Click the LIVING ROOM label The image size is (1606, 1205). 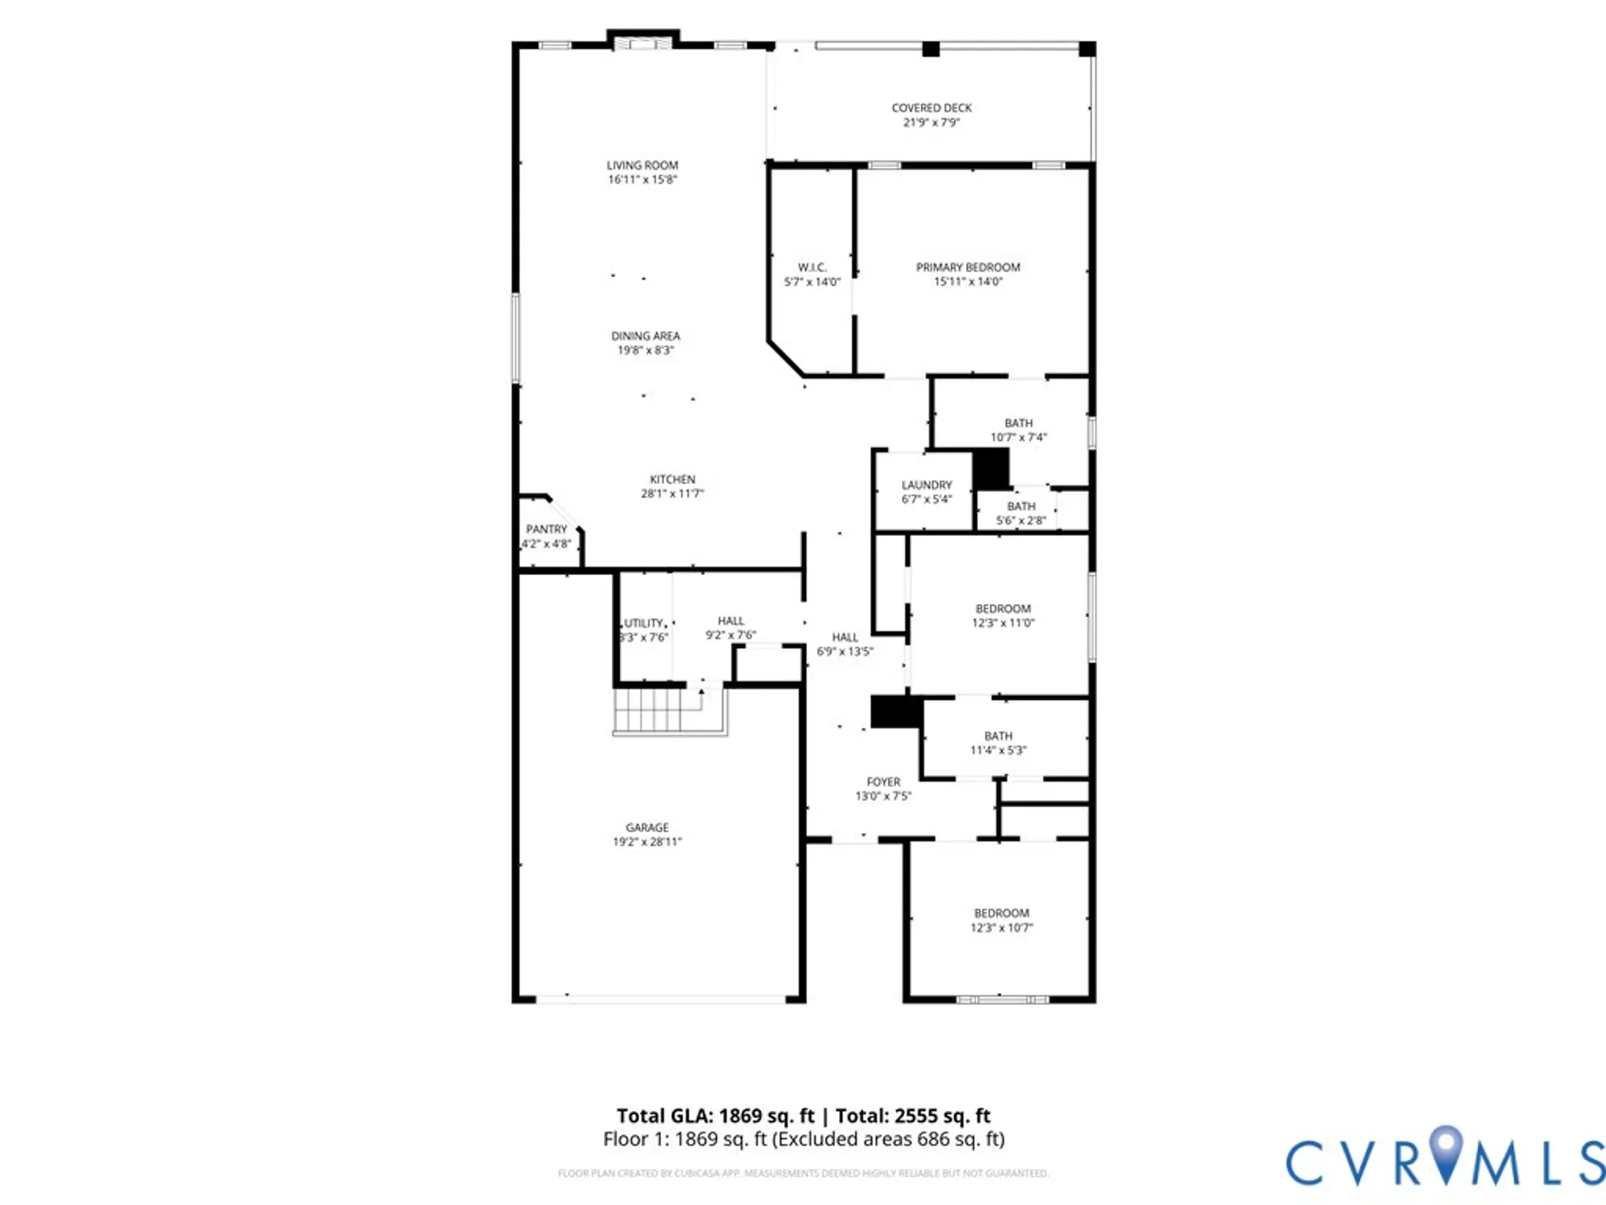(x=642, y=165)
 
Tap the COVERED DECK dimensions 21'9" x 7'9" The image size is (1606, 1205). (x=931, y=123)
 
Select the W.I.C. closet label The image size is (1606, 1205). (x=812, y=267)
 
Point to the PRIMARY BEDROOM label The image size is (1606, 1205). (x=968, y=267)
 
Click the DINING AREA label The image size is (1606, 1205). (x=645, y=336)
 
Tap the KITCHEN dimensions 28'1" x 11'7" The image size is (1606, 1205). (x=671, y=494)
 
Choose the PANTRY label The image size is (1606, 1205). (x=546, y=529)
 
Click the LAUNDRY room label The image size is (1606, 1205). (x=926, y=485)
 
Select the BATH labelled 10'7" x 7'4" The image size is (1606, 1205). (x=1018, y=423)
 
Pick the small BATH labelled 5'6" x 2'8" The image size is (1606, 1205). (x=1021, y=507)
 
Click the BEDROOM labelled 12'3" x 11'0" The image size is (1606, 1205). (x=1003, y=609)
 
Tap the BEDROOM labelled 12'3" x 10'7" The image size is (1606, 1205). (x=1001, y=913)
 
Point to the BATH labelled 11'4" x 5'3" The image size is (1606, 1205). (x=998, y=736)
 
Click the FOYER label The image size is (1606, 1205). (x=883, y=782)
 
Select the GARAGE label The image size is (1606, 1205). (x=646, y=827)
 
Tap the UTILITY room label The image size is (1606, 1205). (x=644, y=623)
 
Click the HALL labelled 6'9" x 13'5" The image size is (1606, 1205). (x=845, y=637)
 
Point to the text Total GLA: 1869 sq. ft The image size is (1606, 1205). (x=715, y=1116)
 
